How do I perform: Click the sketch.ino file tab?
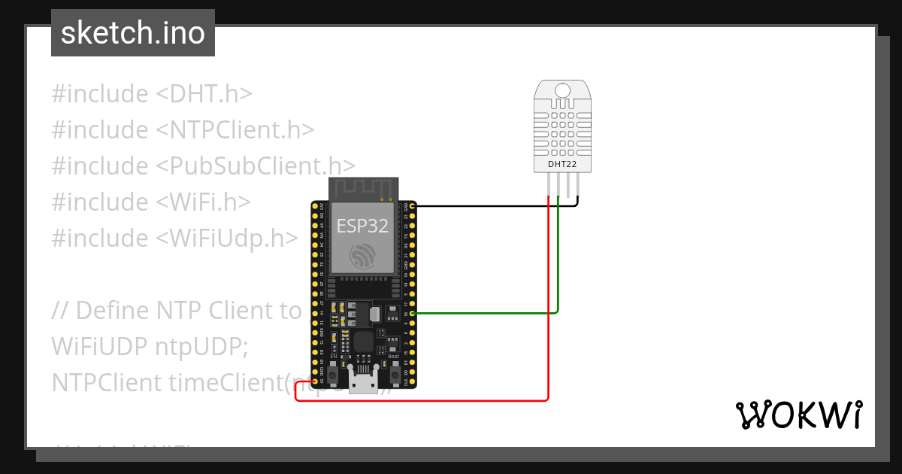click(133, 33)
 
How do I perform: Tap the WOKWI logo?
click(798, 415)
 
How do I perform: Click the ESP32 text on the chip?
click(363, 226)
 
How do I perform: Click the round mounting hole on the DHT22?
click(562, 92)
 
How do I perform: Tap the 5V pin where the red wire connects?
click(314, 382)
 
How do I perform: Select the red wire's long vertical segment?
click(549, 301)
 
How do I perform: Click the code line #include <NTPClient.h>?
click(183, 130)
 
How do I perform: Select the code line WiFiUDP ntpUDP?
click(149, 347)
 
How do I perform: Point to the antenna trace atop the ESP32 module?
click(364, 189)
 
